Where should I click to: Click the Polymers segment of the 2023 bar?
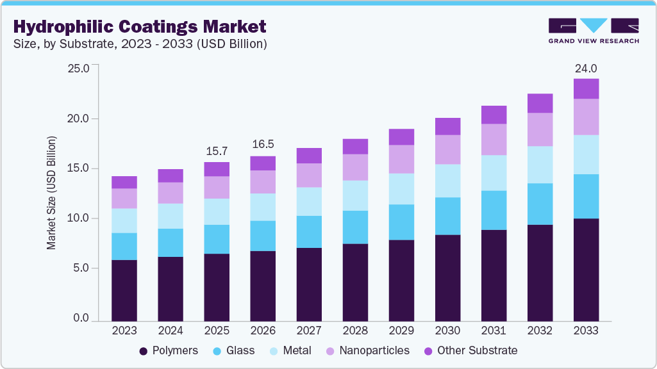[124, 290]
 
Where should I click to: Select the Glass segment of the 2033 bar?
[586, 196]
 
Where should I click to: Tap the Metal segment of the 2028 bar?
[355, 195]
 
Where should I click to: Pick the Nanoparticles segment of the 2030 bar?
[447, 149]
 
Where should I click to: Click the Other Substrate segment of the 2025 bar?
[217, 169]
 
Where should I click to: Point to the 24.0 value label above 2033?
[586, 69]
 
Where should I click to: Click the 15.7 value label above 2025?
[217, 151]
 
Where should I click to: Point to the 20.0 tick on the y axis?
[81, 119]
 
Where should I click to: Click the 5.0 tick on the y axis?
[81, 268]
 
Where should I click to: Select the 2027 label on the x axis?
[309, 331]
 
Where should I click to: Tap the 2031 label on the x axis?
[494, 331]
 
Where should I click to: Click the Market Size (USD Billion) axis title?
[52, 193]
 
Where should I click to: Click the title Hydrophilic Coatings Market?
[139, 27]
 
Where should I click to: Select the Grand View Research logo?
[594, 30]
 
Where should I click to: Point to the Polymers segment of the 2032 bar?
[540, 273]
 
